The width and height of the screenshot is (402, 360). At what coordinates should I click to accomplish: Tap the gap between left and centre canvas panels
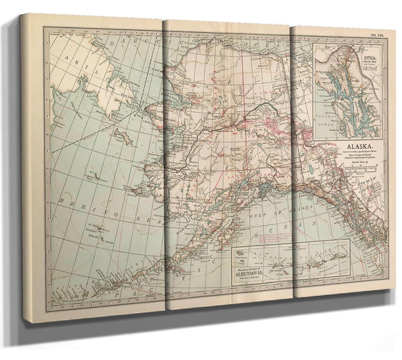pos(163,168)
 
